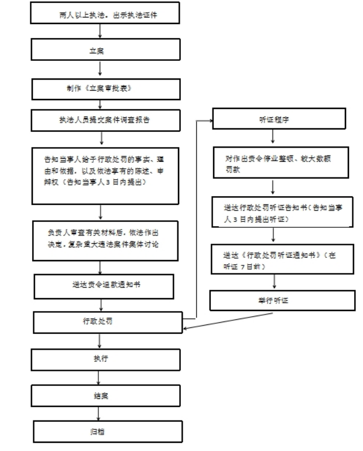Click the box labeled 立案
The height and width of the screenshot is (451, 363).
(x=100, y=50)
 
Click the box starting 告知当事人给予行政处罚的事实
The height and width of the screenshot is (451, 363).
(x=104, y=175)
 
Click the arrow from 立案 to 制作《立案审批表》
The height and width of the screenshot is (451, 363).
(x=100, y=69)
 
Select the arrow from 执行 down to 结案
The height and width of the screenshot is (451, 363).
(x=99, y=376)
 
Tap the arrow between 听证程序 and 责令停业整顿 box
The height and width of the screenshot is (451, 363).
(x=273, y=138)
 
